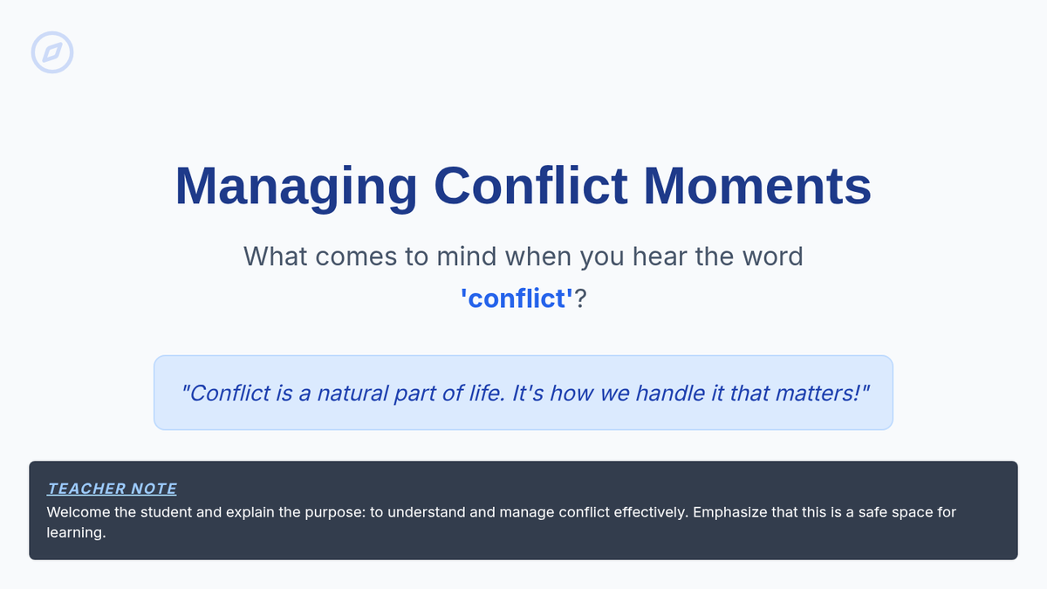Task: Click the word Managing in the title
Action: click(x=296, y=187)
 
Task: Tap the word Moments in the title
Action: click(x=757, y=186)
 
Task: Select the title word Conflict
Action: click(x=530, y=185)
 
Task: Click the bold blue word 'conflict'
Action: click(x=517, y=298)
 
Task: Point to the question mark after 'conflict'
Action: click(x=580, y=298)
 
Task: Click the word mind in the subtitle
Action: click(x=466, y=257)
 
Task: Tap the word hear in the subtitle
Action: click(x=660, y=257)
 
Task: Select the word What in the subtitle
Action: click(x=276, y=257)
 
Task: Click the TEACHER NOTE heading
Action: click(x=112, y=489)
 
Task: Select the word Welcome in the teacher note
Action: click(x=78, y=512)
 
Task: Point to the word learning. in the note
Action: click(x=76, y=533)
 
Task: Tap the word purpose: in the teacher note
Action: click(x=335, y=512)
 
